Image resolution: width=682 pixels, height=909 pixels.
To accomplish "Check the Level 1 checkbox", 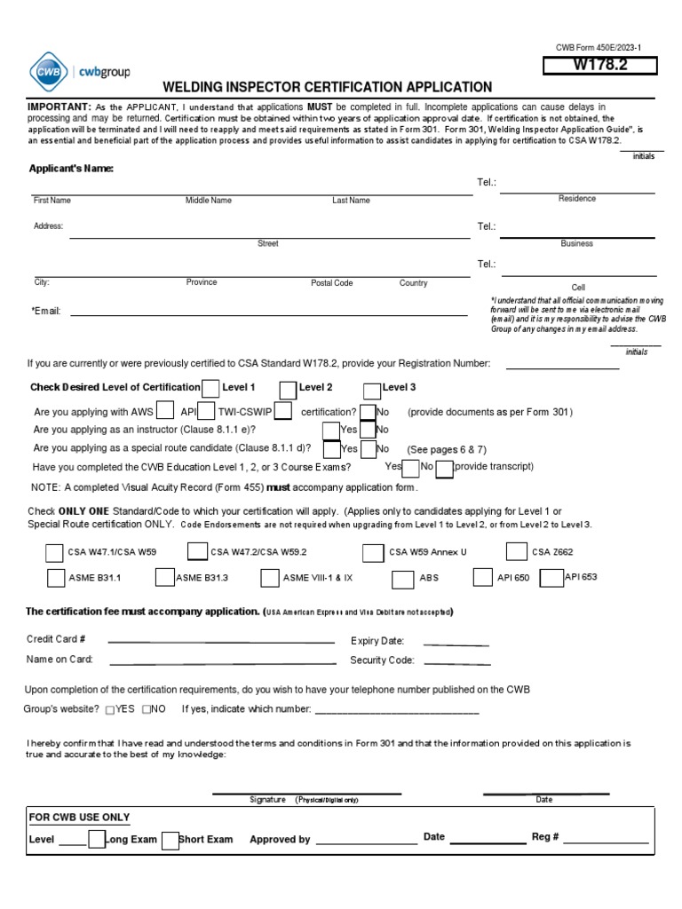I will [211, 389].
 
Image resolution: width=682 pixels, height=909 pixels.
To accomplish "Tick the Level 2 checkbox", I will [288, 389].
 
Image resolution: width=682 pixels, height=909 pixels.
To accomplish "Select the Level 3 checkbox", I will [372, 389].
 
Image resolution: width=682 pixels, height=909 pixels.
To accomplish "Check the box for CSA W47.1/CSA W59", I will [54, 553].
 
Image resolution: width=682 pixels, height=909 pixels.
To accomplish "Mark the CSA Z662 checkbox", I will [516, 552].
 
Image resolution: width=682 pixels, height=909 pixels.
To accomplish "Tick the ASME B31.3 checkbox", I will [164, 578].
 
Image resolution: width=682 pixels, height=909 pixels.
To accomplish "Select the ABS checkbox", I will [405, 578].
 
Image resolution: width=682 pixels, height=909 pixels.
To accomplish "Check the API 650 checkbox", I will [482, 577].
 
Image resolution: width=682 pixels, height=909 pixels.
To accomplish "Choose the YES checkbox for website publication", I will [110, 710].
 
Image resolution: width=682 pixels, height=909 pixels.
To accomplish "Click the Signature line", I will [306, 792].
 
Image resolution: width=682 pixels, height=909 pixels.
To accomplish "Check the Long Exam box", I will [97, 840].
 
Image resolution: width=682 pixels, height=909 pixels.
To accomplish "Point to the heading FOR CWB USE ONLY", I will [80, 818].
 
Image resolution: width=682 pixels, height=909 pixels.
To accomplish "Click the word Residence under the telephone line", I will [576, 199].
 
